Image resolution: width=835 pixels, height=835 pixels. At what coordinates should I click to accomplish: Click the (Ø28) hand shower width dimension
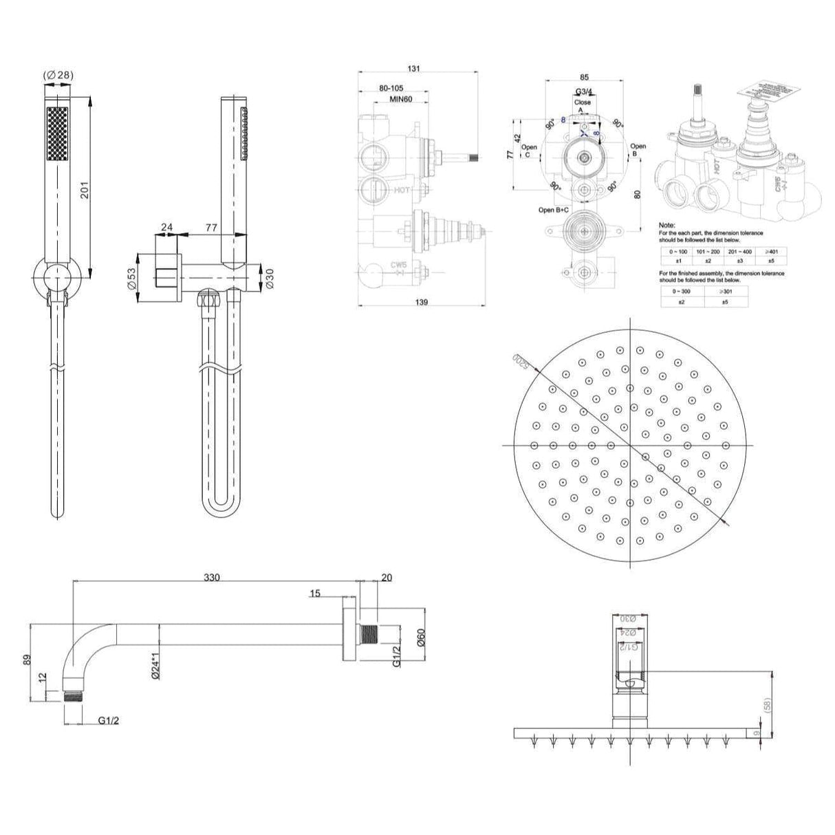(x=58, y=75)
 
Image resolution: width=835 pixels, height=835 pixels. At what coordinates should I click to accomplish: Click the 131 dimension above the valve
(x=413, y=69)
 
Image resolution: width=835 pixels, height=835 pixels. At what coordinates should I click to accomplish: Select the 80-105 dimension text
(x=391, y=89)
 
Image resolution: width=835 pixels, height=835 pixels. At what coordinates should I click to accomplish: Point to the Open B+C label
(x=553, y=210)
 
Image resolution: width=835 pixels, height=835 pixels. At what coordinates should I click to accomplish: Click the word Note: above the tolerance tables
(x=666, y=225)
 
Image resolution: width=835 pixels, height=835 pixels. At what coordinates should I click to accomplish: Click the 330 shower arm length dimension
(x=212, y=578)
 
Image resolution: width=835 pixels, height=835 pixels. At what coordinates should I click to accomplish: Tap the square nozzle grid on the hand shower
(x=58, y=134)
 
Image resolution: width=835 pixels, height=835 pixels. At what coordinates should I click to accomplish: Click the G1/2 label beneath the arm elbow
(x=106, y=721)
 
